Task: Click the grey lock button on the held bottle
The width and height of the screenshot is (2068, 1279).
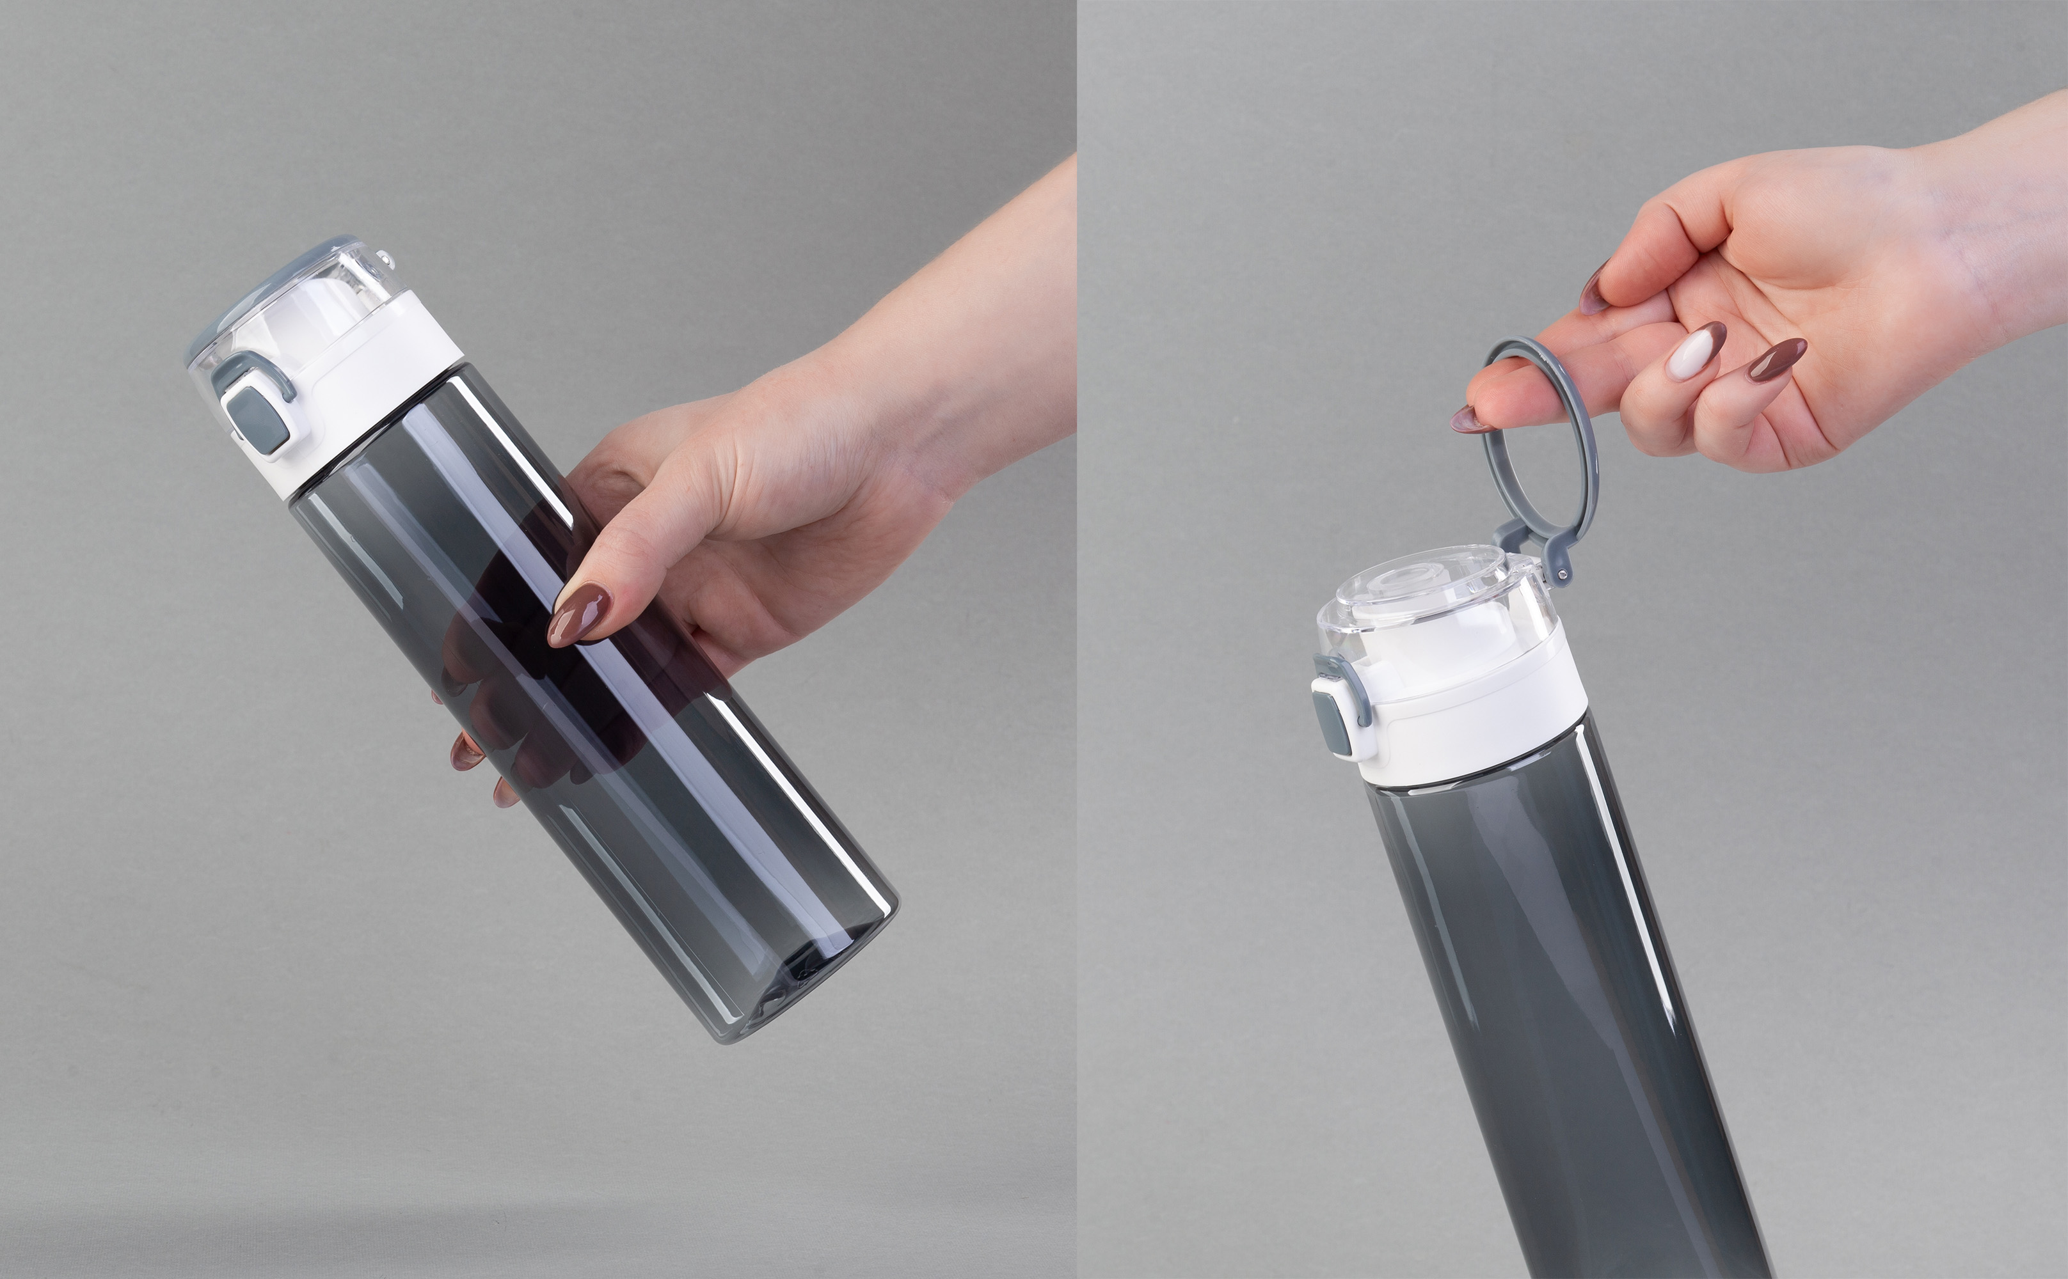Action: pos(255,415)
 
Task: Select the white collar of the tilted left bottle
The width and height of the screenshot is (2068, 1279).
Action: pos(372,389)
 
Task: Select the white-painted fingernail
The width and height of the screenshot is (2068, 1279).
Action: pos(1684,354)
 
